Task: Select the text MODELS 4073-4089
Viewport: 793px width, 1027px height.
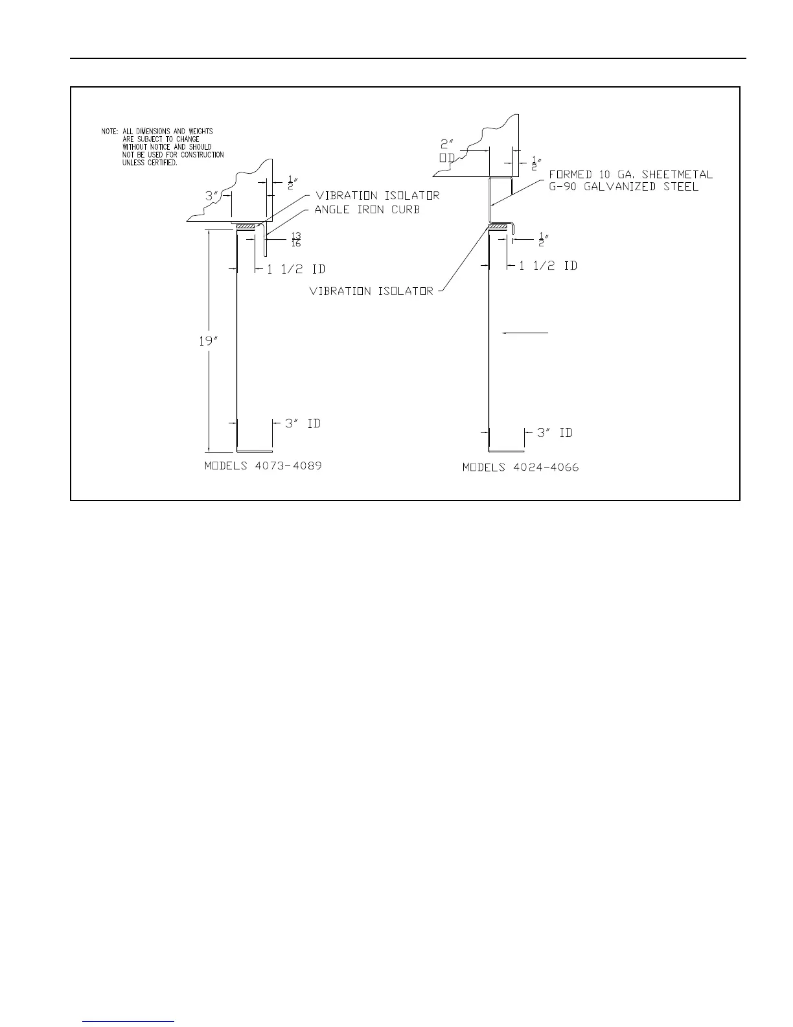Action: [263, 466]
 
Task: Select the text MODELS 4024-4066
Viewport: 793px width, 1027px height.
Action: [520, 467]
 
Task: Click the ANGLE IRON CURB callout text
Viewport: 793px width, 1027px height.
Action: [367, 209]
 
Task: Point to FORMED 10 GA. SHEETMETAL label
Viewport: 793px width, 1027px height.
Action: [630, 174]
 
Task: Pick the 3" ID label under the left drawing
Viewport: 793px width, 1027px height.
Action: [303, 423]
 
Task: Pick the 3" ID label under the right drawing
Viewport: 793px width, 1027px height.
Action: [555, 432]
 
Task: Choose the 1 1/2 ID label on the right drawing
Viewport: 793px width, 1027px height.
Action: [548, 266]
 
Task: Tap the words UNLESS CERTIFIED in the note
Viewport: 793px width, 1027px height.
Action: [150, 163]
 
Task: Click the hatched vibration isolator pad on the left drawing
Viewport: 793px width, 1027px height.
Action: [246, 226]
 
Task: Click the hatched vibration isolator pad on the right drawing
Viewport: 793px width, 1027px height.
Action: [496, 226]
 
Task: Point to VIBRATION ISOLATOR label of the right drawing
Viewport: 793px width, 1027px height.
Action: [371, 292]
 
